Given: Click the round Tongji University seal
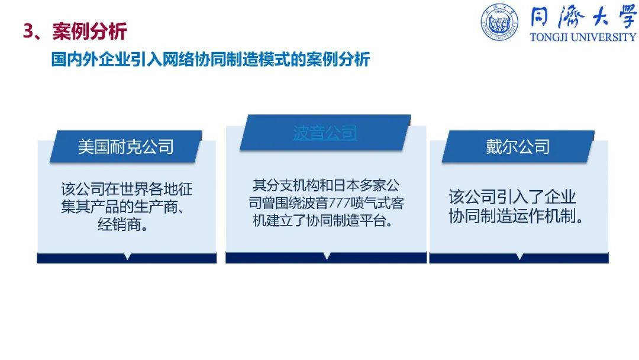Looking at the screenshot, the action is (499, 22).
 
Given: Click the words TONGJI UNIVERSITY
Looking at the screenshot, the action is (583, 37).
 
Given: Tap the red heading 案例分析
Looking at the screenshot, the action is (90, 31).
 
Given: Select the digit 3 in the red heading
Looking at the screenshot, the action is (28, 31).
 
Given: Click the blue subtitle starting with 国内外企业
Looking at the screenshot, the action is (211, 60).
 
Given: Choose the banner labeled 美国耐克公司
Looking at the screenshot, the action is (126, 147).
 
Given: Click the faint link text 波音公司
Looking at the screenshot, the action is (325, 133).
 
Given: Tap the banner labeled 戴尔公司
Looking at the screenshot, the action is (518, 147).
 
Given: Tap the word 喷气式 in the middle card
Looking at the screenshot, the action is (370, 203).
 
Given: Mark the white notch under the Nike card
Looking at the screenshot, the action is (128, 256).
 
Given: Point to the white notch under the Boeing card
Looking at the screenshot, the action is (327, 256).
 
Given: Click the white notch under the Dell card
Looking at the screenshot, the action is (519, 256).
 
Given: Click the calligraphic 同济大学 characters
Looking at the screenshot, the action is (583, 18).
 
